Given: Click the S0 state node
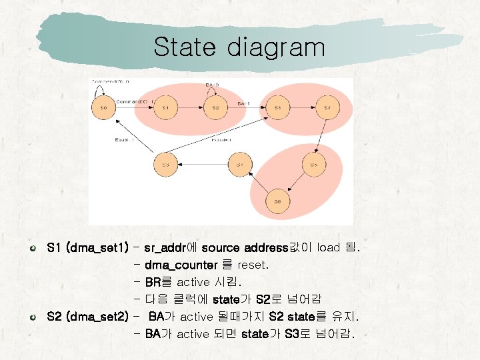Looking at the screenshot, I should [103, 107].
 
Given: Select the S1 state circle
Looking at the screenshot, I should [168, 107].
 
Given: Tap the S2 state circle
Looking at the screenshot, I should [215, 107].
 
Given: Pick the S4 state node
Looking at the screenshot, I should [327, 107].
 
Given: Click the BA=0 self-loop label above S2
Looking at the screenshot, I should [212, 85].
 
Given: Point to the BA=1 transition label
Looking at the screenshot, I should [241, 103].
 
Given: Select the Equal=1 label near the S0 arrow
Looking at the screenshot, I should [124, 140].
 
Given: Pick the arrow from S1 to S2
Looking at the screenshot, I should [191, 107].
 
